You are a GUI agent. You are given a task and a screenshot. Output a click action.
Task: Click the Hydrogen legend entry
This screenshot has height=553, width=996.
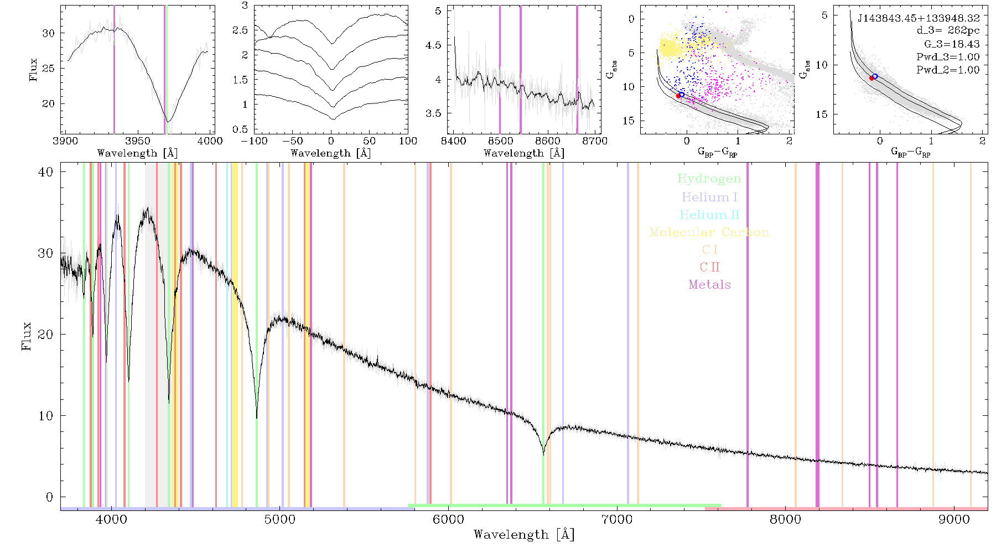[709, 179]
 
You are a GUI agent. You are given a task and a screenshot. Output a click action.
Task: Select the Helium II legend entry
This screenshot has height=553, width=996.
[709, 215]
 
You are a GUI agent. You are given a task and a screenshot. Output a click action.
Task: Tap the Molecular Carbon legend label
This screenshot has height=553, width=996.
[709, 232]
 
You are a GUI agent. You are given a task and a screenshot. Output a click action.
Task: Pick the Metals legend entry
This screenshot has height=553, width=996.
[709, 285]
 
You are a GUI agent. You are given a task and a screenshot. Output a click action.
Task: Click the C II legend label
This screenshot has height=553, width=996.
[709, 267]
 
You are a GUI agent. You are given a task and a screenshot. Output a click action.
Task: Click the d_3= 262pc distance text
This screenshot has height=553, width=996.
[948, 30]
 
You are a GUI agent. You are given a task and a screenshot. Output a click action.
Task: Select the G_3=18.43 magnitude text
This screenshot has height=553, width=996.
[952, 44]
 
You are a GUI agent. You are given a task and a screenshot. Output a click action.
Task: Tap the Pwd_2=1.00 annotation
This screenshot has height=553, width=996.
[948, 70]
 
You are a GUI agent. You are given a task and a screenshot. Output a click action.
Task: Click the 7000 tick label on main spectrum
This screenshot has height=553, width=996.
[617, 519]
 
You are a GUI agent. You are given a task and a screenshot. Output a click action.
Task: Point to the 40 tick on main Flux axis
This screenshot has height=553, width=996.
[46, 172]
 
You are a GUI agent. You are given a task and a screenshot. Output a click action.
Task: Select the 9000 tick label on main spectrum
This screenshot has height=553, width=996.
[954, 519]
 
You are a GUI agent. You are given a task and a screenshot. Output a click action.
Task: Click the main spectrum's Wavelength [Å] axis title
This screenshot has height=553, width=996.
[524, 535]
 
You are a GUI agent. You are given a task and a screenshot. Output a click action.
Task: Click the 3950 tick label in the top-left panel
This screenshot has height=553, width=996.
[138, 140]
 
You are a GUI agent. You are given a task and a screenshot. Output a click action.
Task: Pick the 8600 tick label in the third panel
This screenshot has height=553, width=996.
[548, 140]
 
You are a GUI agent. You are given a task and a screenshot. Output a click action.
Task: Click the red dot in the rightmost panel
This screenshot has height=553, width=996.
[871, 79]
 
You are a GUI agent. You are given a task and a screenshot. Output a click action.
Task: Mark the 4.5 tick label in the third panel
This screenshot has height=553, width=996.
[434, 45]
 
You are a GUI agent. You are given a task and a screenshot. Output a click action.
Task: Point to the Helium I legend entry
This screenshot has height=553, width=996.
[709, 197]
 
